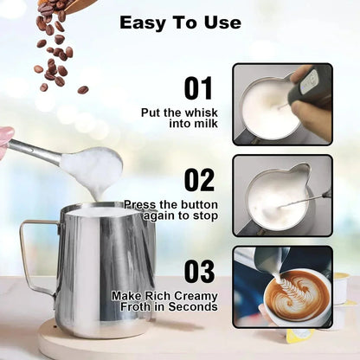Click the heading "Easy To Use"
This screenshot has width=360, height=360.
coord(180,22)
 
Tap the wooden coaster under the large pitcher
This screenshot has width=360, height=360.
coord(87,344)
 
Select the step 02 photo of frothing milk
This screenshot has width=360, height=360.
coord(282,195)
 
